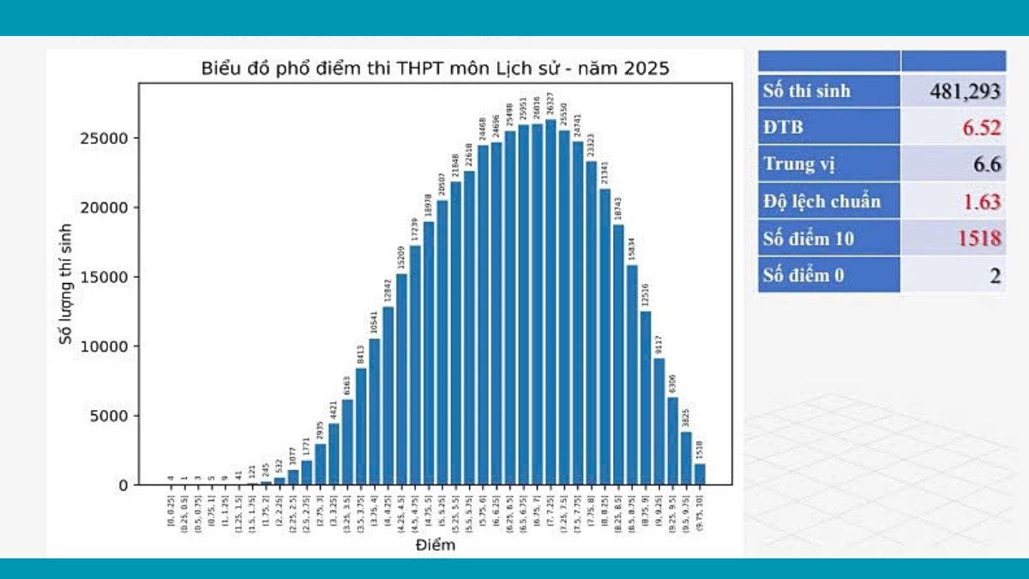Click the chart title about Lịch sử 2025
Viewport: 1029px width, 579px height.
tap(435, 68)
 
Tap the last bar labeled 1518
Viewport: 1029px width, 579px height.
tap(700, 474)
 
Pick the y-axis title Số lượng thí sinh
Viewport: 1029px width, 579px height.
tap(66, 284)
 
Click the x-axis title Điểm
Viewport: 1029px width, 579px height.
tap(435, 545)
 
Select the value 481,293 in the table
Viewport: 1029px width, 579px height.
tap(966, 91)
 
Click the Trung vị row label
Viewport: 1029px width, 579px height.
tap(799, 164)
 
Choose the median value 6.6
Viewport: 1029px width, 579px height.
tap(987, 165)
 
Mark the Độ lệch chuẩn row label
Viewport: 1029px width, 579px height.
tap(821, 202)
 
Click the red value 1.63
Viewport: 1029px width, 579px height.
tap(979, 202)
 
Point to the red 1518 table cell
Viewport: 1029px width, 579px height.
tap(977, 238)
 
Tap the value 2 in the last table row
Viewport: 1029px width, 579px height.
tap(995, 275)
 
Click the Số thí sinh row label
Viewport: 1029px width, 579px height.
tap(807, 91)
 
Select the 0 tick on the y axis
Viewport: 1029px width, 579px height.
tap(123, 486)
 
